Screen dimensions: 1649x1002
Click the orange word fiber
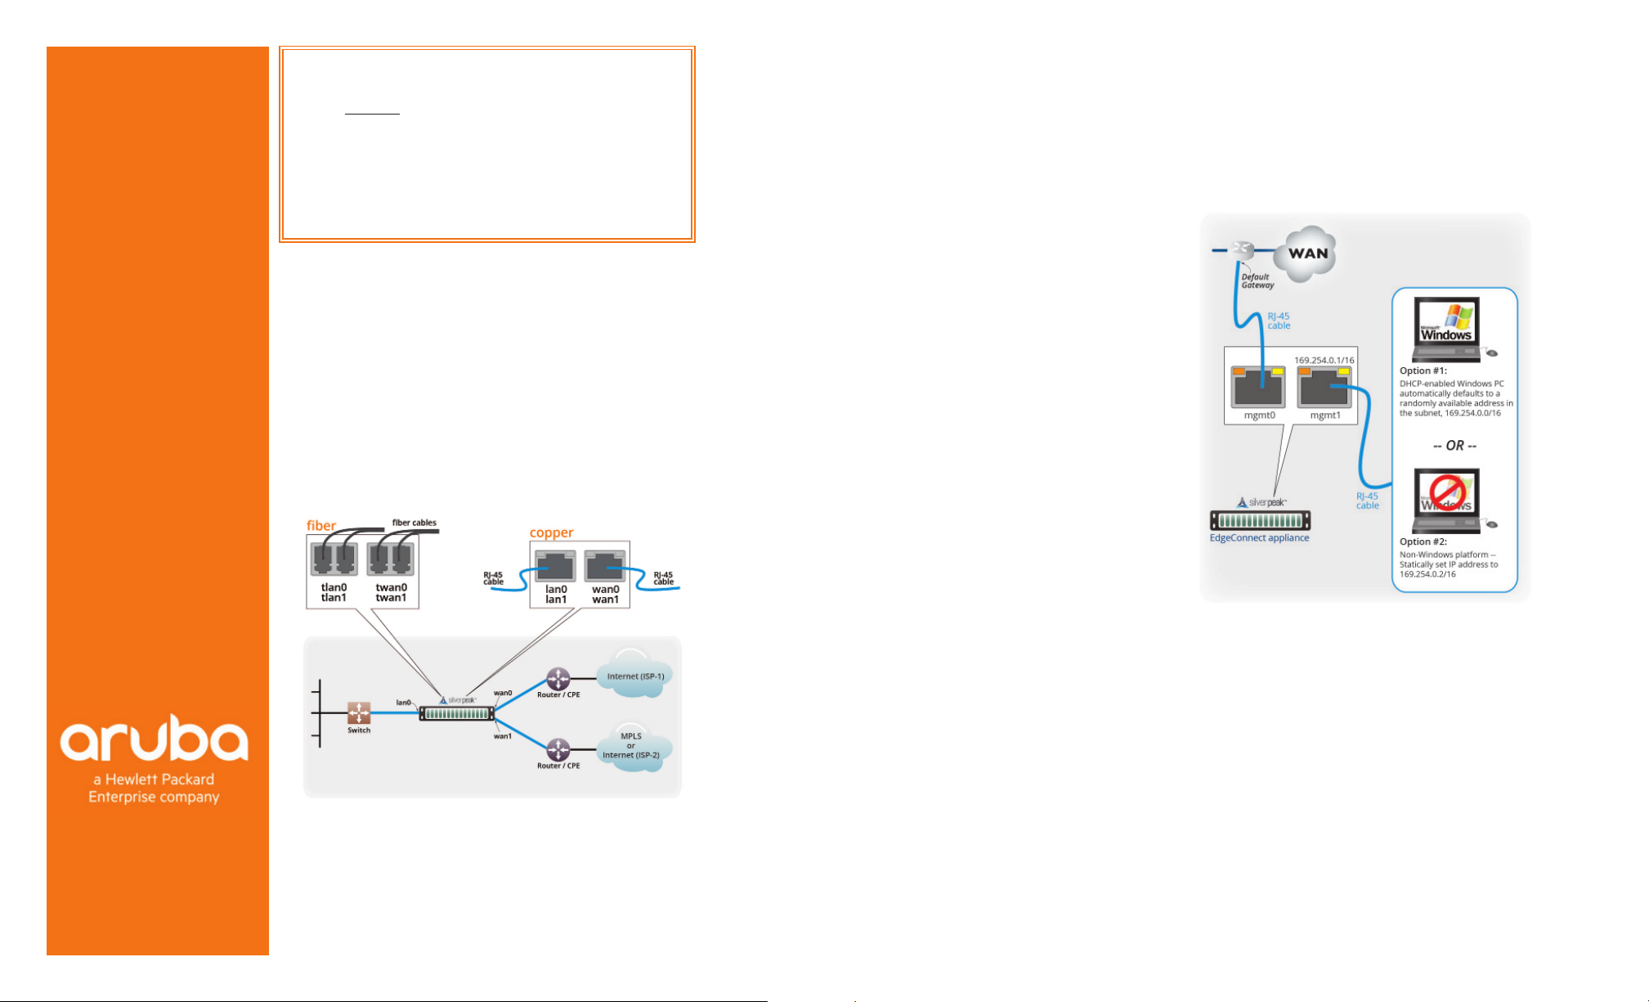pos(321,525)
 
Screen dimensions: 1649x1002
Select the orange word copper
pos(551,532)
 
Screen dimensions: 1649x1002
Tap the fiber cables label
pos(414,523)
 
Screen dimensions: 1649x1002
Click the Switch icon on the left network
pos(359,712)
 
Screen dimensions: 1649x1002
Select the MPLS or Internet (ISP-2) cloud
pos(633,747)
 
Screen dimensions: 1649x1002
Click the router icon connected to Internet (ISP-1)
pos(558,679)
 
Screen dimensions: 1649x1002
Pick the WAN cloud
pos(1307,253)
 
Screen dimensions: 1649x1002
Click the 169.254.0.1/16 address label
pos(1324,360)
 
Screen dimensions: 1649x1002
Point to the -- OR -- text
pos(1454,446)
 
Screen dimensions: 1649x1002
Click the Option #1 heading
pos(1423,371)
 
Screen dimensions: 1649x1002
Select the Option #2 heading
pos(1423,541)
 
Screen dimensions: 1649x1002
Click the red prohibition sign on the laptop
pos(1446,494)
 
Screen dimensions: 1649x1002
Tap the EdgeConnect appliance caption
pos(1259,537)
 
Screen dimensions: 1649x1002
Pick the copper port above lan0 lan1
pos(556,566)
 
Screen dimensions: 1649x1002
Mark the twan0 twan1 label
pos(391,592)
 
